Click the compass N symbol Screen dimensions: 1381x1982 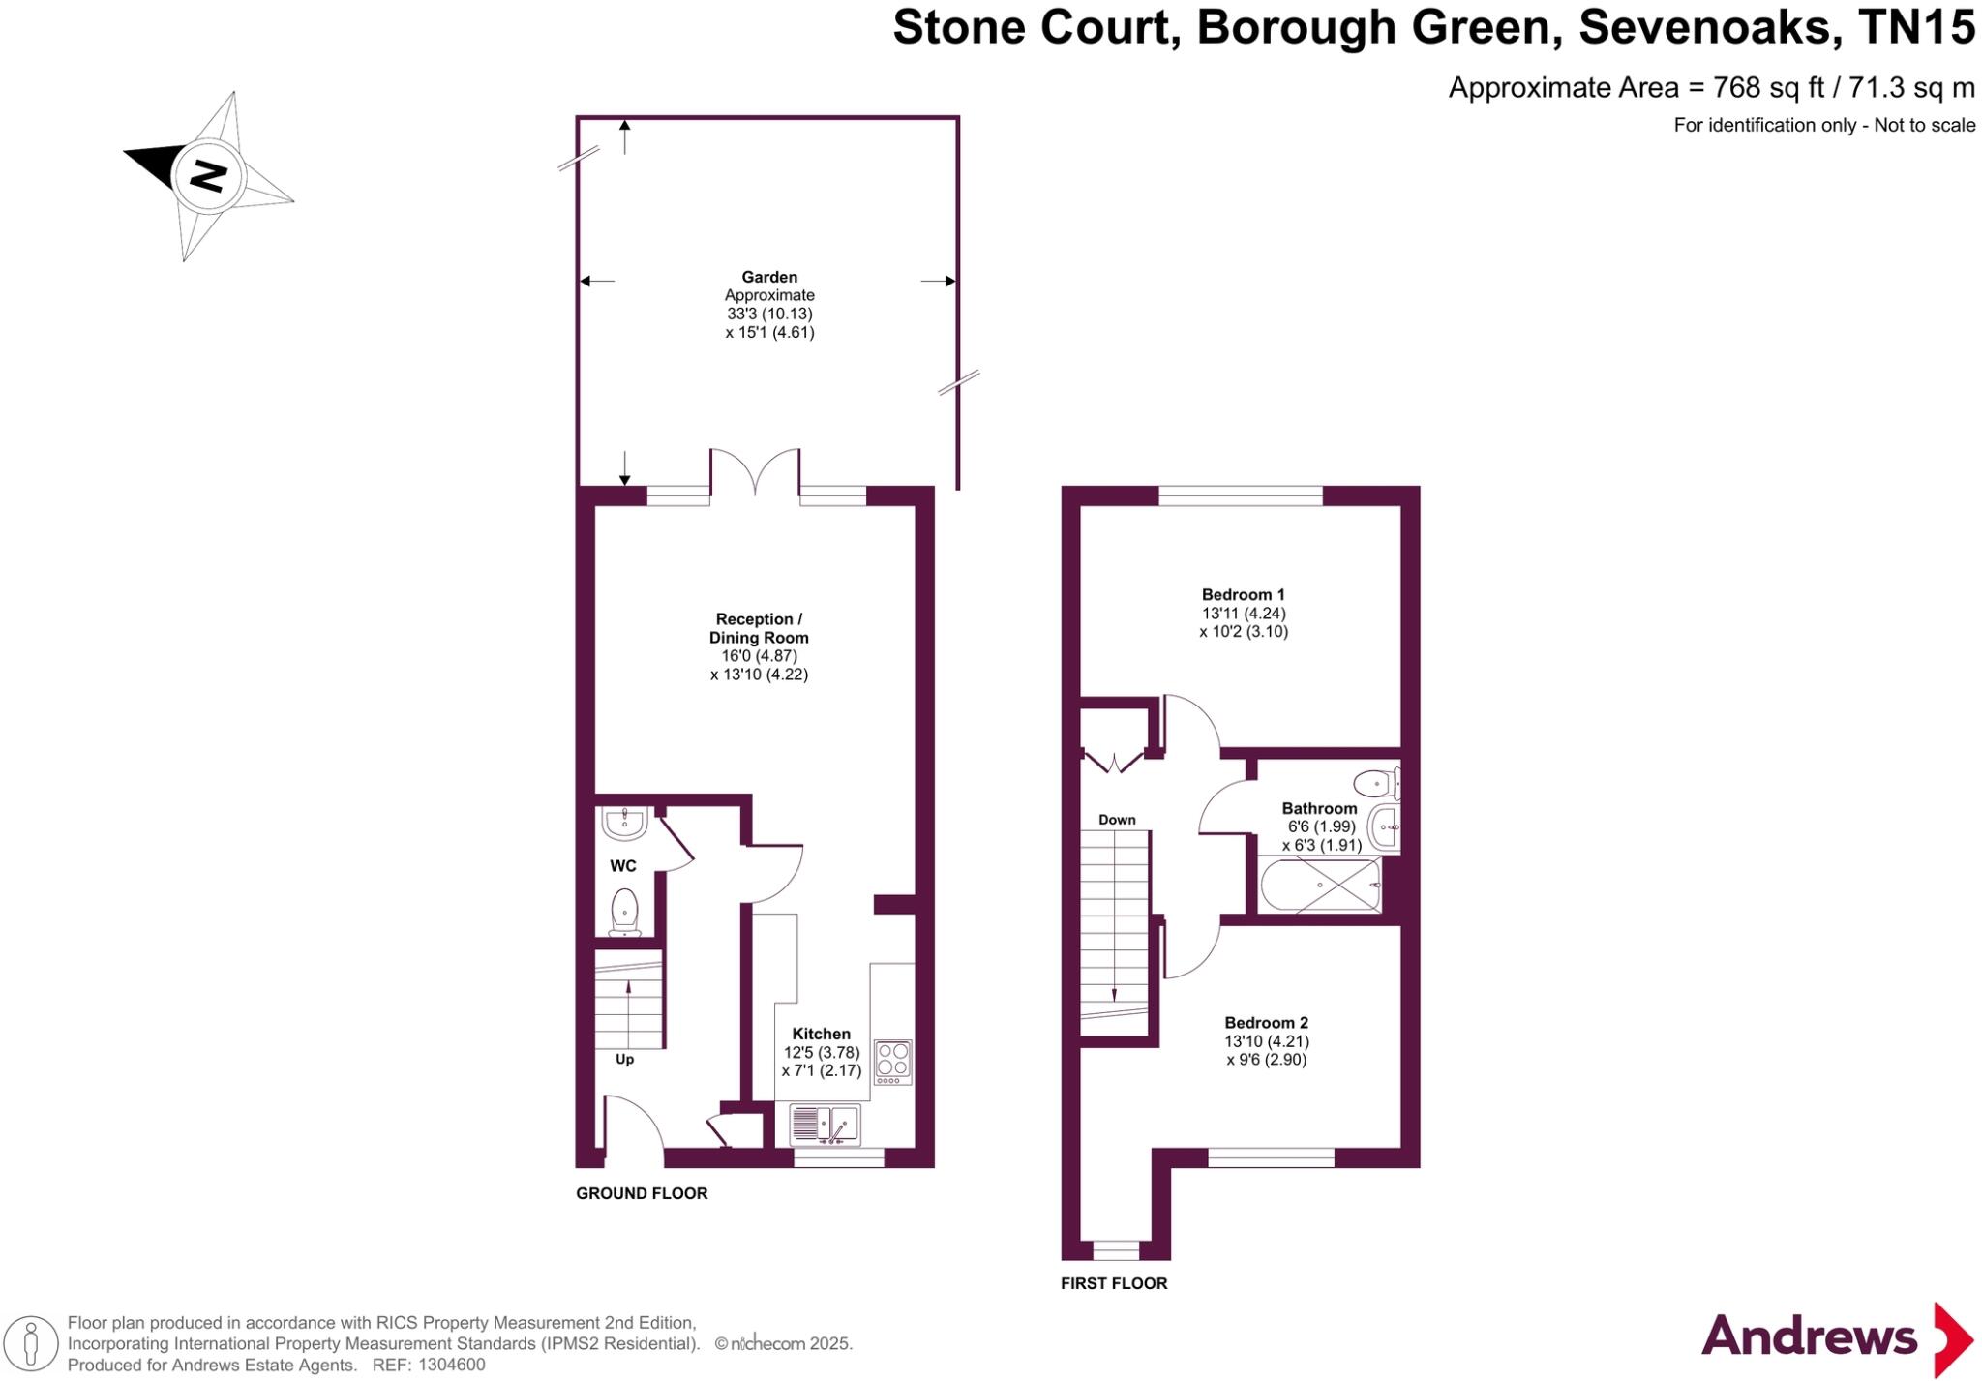pos(208,175)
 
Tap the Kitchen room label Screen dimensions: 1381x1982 pos(821,1034)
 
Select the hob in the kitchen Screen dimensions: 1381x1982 pos(892,1062)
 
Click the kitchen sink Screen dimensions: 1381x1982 pos(825,1125)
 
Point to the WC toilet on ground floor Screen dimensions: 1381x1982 pos(625,913)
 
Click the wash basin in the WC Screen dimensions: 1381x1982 pos(624,824)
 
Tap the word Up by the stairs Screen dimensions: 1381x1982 pos(624,1060)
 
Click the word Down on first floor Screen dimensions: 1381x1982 pos(1117,820)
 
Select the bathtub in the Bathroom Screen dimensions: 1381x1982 pos(1320,886)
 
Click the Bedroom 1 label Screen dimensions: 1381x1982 pos(1243,594)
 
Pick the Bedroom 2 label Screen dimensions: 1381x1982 pos(1266,1023)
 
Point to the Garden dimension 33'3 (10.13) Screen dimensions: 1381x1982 pos(769,314)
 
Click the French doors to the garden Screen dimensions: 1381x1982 pos(755,471)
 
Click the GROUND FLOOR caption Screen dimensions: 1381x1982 pos(642,1193)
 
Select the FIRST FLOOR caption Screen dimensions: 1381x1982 pos(1114,1283)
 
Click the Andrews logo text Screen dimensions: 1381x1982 pos(1809,1336)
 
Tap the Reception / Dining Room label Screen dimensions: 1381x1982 pos(759,628)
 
